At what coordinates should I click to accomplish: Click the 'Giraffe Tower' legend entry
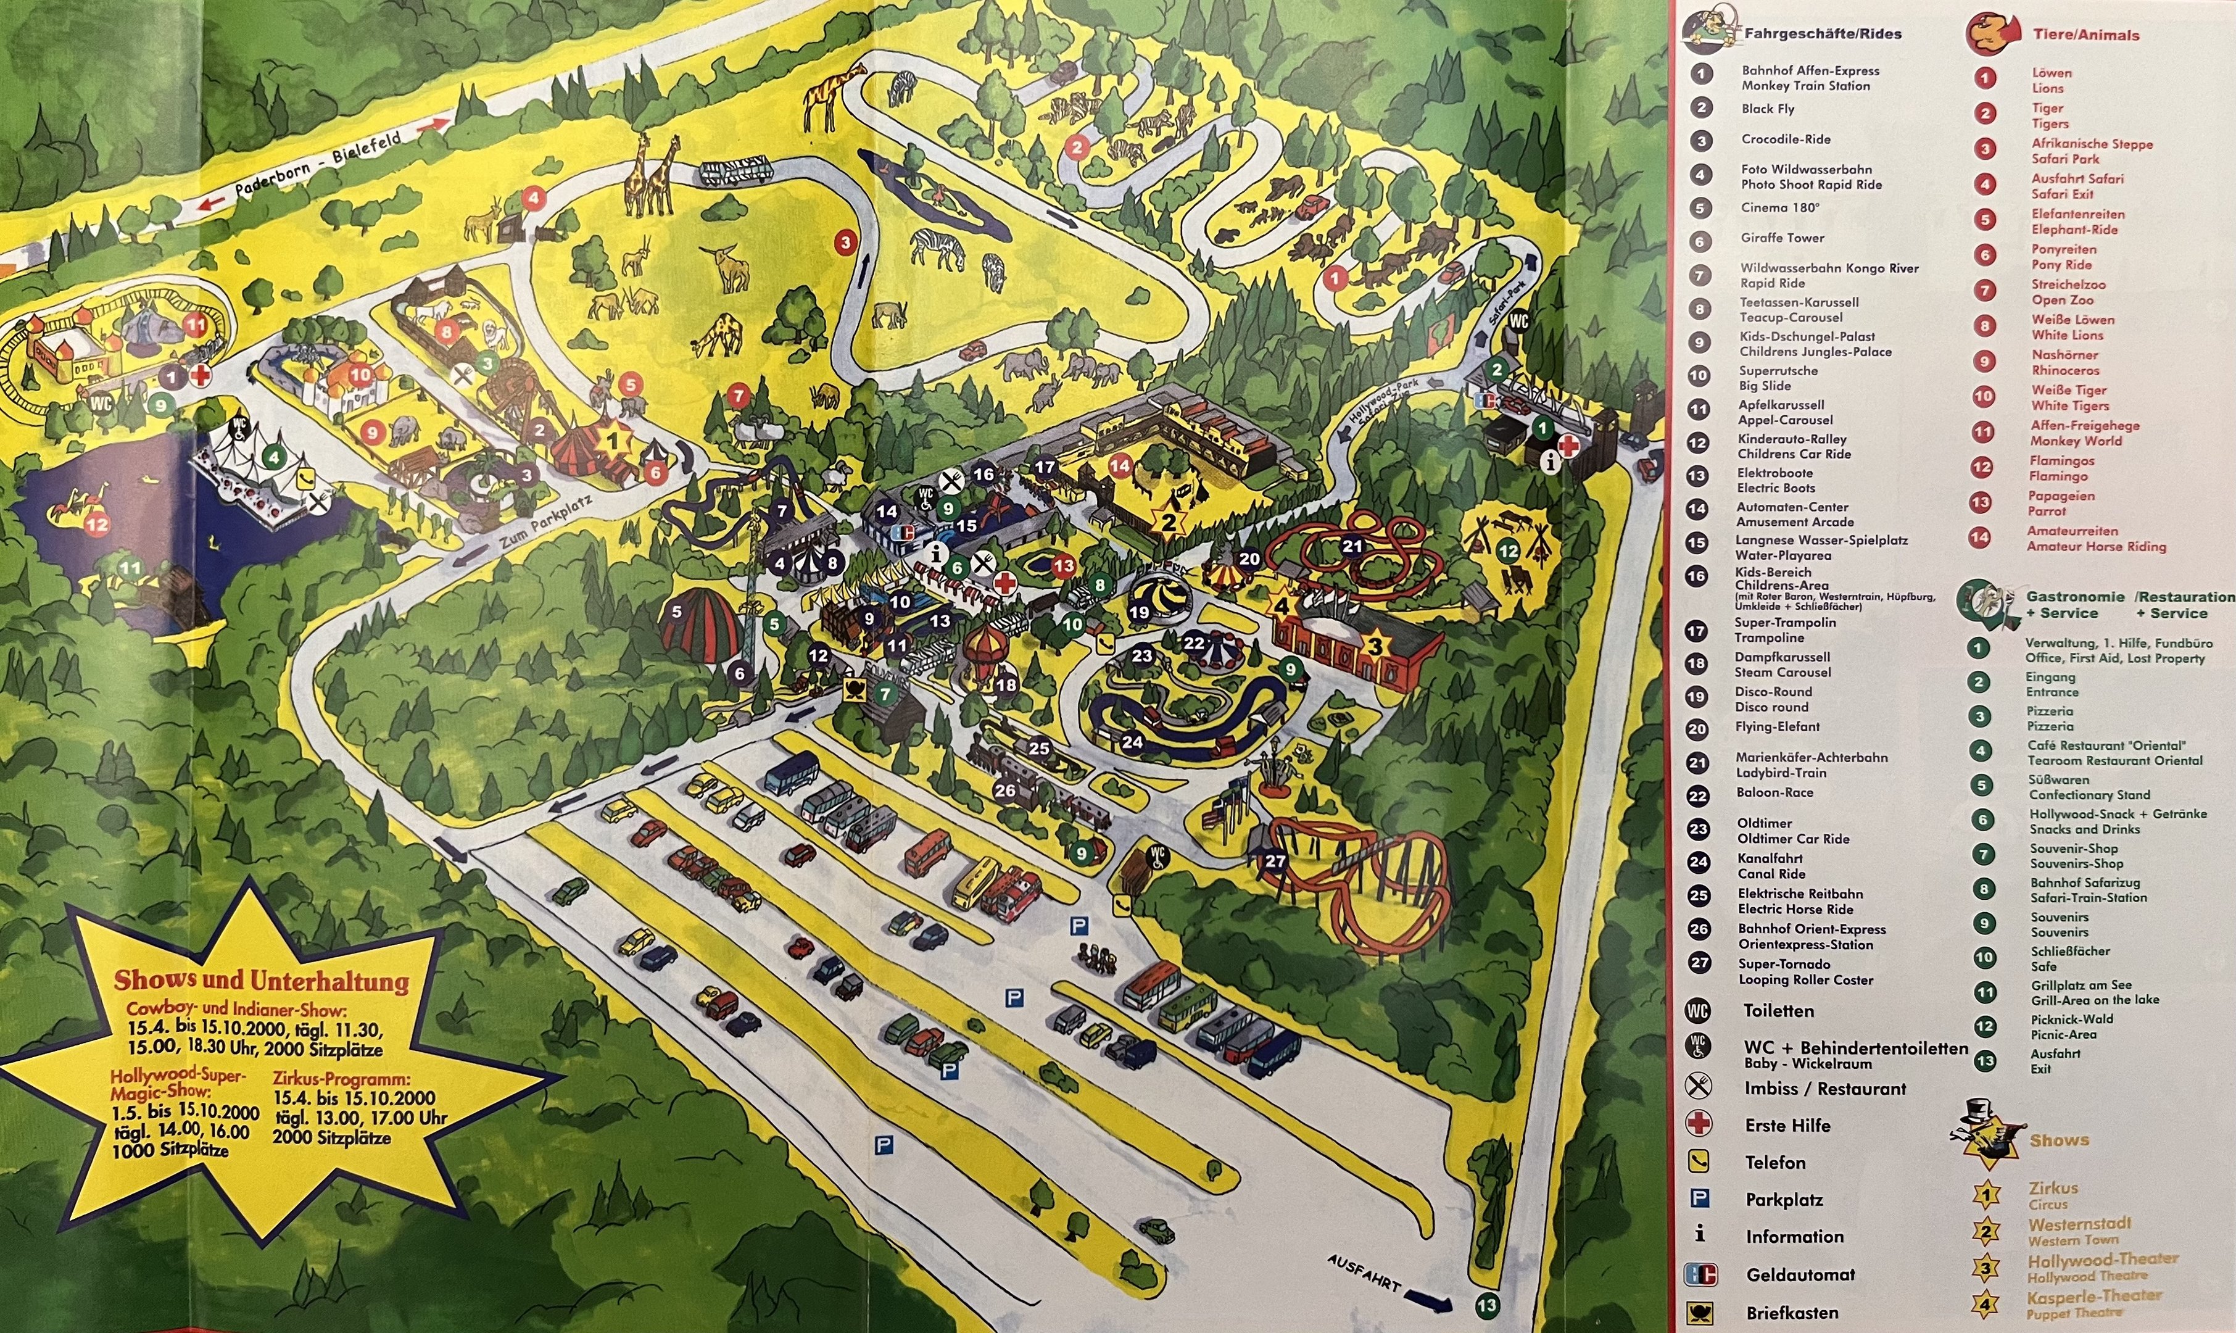pyautogui.click(x=1782, y=238)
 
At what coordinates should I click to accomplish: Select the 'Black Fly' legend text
pyautogui.click(x=1767, y=109)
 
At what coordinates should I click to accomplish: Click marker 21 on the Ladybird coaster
pyautogui.click(x=1352, y=546)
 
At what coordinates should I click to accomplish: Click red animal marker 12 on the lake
pyautogui.click(x=96, y=524)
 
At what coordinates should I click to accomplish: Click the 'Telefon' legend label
pyautogui.click(x=1774, y=1162)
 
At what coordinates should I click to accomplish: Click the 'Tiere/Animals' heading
pyautogui.click(x=2085, y=35)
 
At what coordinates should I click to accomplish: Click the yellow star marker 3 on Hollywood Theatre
pyautogui.click(x=1374, y=644)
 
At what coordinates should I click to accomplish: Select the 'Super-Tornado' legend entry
pyautogui.click(x=1783, y=964)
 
